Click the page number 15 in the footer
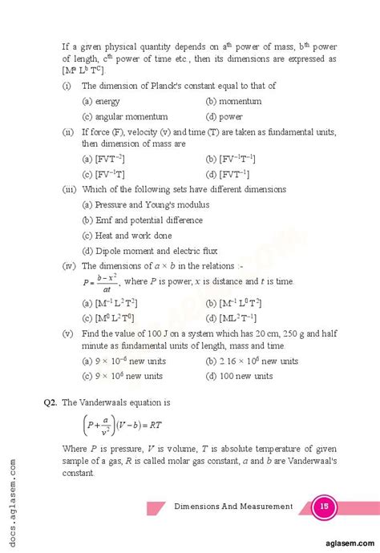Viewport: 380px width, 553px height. (325, 506)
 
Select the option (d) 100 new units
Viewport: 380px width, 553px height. (241, 375)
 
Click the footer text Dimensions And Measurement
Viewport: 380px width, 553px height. (232, 506)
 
